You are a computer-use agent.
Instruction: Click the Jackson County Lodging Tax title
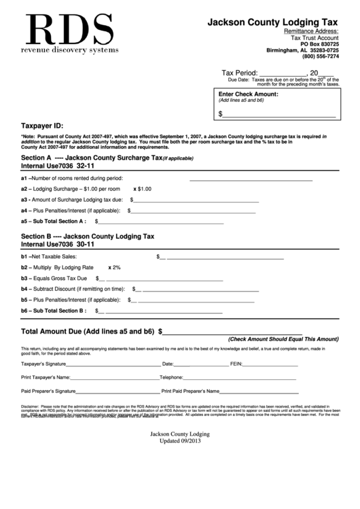point(273,22)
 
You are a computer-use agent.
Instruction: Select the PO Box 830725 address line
point(319,44)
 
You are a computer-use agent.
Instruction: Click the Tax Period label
point(239,73)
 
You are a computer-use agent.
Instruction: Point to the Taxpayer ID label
point(43,126)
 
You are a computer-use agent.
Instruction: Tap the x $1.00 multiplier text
point(143,189)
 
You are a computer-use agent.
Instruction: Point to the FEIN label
point(237,364)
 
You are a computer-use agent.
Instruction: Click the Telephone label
point(171,377)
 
